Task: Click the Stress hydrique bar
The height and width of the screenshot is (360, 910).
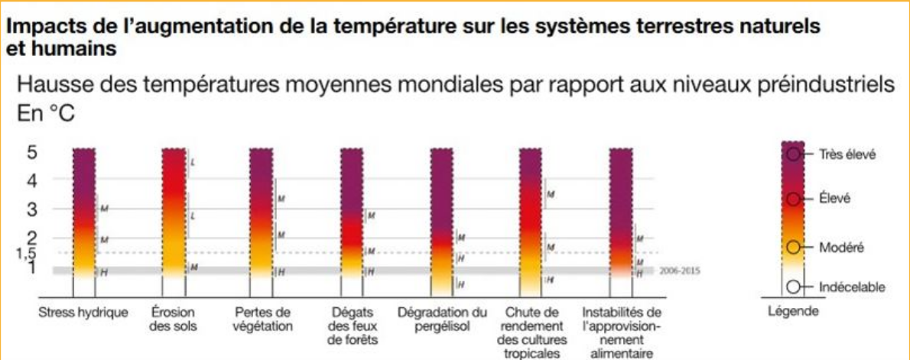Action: (84, 214)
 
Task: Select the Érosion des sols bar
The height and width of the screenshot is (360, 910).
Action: (174, 214)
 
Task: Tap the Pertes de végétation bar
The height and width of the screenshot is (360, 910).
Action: (262, 214)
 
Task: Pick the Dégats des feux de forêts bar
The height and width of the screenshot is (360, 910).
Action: (351, 214)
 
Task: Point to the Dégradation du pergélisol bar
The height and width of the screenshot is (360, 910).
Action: (441, 214)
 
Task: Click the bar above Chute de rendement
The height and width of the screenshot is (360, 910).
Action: (531, 214)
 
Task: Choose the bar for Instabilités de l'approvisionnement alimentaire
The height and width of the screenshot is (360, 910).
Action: (620, 214)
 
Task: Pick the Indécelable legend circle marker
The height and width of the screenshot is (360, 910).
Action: (794, 287)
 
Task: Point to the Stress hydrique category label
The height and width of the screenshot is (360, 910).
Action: (84, 312)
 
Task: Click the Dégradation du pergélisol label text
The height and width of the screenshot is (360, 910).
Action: (442, 317)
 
